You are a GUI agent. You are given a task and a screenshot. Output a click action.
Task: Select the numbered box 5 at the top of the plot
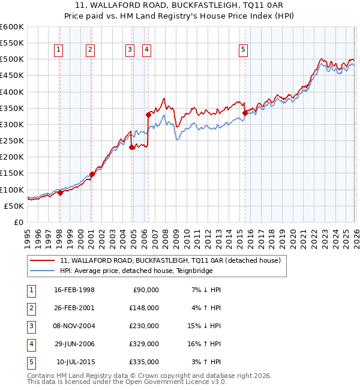tap(244, 50)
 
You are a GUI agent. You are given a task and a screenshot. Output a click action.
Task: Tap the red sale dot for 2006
tap(148, 114)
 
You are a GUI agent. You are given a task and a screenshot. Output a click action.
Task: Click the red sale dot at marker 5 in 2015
tap(245, 112)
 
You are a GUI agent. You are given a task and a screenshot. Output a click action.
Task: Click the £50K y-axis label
tap(14, 206)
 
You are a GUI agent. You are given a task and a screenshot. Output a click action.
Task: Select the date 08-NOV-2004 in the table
tap(74, 326)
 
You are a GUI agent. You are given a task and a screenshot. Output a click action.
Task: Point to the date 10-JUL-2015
tap(74, 362)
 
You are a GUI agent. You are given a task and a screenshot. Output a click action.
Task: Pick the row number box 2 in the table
tap(29, 308)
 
